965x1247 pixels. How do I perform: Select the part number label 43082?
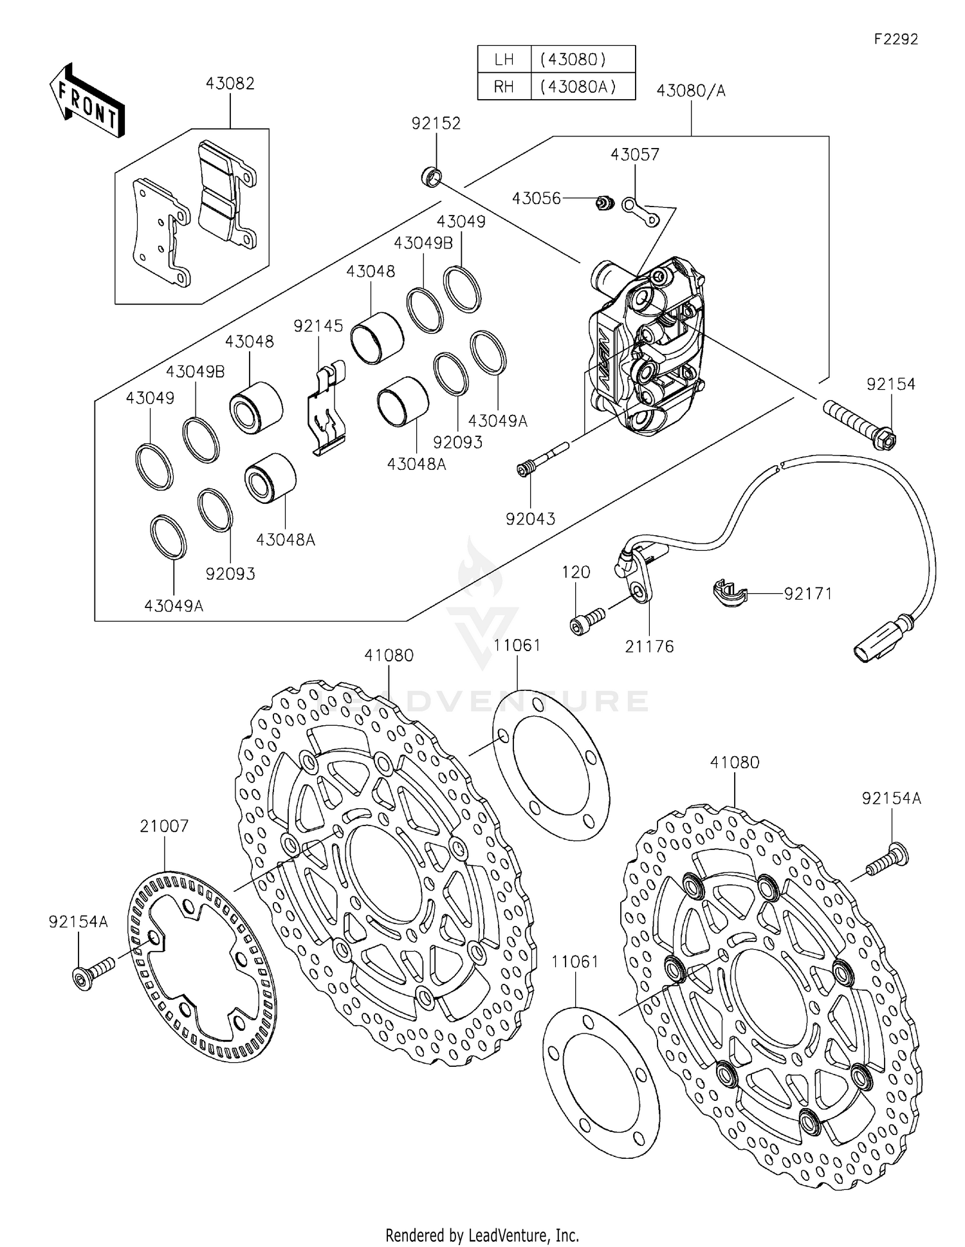[x=230, y=84]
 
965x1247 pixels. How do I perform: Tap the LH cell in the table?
[x=504, y=60]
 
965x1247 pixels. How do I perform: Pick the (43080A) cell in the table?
[x=582, y=87]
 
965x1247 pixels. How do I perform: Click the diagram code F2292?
[x=895, y=39]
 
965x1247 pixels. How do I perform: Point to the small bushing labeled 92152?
[x=432, y=176]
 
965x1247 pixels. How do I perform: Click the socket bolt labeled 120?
[x=587, y=621]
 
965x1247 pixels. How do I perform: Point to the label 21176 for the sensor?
[x=649, y=647]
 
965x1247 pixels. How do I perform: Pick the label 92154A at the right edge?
[x=891, y=799]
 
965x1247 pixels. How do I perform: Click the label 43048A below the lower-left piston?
[x=286, y=540]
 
